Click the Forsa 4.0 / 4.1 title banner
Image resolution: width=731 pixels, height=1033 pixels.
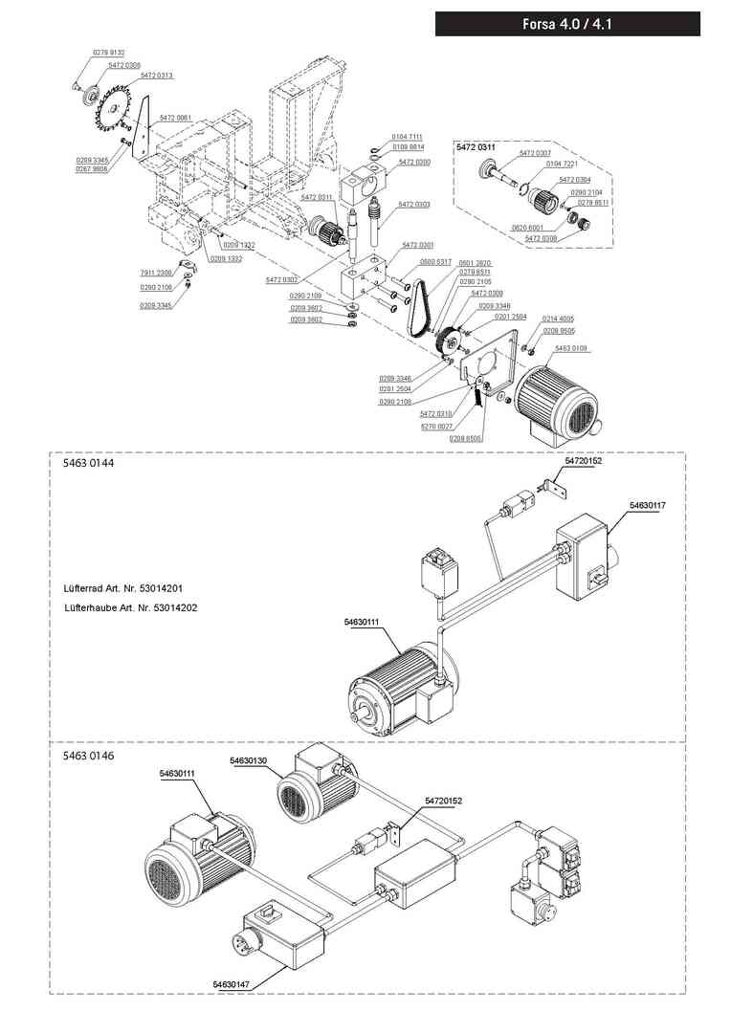click(x=567, y=24)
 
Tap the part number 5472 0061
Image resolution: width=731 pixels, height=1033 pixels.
click(x=175, y=118)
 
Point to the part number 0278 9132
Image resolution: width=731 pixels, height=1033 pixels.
click(x=108, y=52)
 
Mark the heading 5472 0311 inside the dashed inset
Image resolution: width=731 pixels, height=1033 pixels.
click(x=476, y=146)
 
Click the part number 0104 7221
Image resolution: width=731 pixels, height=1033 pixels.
click(x=562, y=165)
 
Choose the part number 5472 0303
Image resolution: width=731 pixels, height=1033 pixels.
click(x=414, y=205)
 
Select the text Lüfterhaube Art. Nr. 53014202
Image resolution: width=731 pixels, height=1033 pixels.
click(x=131, y=608)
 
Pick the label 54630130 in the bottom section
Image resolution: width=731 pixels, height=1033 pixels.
click(x=249, y=760)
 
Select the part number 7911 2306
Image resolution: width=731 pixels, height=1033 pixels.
click(x=155, y=273)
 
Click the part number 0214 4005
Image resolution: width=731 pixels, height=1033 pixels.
click(x=559, y=319)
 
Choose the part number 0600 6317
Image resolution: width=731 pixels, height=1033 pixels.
click(x=437, y=262)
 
